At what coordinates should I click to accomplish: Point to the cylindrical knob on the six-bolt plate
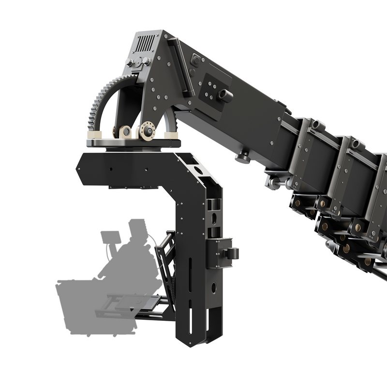pos(225,95)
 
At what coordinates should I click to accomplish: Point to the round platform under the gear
pos(133,143)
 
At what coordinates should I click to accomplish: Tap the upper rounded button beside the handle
pos(196,61)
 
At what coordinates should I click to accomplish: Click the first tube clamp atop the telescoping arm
pos(317,125)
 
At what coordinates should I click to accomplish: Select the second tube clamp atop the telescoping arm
pos(357,144)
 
